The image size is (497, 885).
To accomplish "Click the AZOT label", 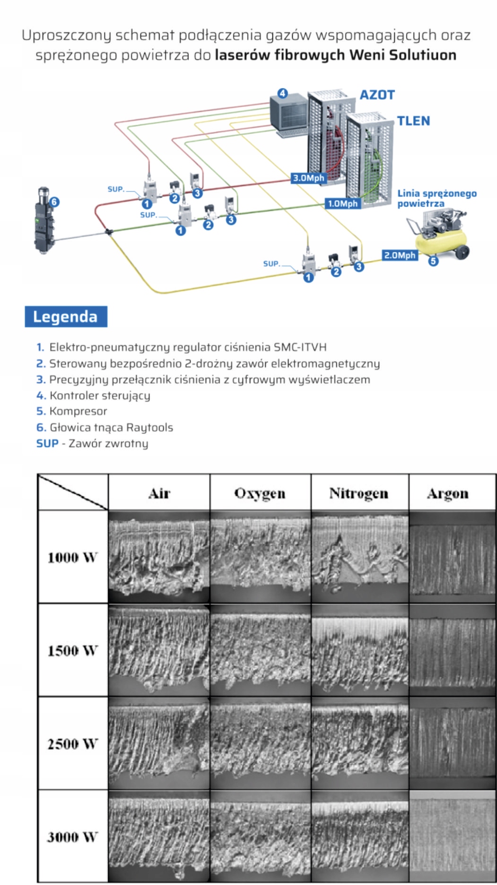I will click(x=377, y=95).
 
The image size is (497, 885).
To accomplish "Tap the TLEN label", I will click(x=413, y=121).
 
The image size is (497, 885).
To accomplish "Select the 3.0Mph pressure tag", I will click(x=309, y=178).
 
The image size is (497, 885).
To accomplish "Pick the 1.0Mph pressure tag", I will click(x=343, y=204).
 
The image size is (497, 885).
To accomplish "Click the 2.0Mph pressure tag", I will click(x=400, y=255).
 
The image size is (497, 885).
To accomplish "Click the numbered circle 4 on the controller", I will click(x=282, y=93).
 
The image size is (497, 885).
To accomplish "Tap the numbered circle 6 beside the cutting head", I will click(x=54, y=202).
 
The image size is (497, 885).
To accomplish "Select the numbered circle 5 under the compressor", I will click(x=433, y=261).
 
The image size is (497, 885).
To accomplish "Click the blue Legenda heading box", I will click(x=66, y=316).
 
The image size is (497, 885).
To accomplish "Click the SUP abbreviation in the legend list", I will click(x=47, y=444).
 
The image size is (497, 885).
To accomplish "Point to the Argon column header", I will click(x=447, y=493).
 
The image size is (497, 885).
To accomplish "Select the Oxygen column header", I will click(x=260, y=493).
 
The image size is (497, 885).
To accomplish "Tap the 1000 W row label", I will click(x=72, y=557).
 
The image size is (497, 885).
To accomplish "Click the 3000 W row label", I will click(x=72, y=837).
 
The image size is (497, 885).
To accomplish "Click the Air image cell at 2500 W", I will click(x=159, y=743).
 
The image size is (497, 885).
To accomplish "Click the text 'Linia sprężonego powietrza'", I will click(x=436, y=198).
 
